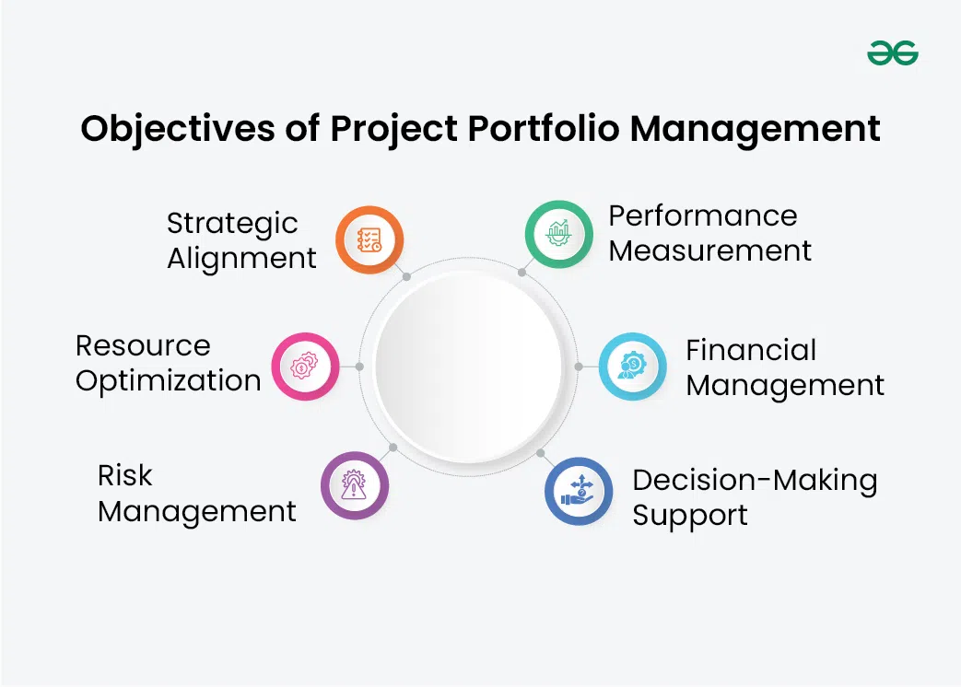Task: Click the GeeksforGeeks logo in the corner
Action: pyautogui.click(x=892, y=52)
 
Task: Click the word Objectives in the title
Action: pyautogui.click(x=178, y=129)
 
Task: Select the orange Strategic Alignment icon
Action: pyautogui.click(x=369, y=239)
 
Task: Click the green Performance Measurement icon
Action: pyautogui.click(x=558, y=234)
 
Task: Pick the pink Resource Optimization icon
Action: pyautogui.click(x=305, y=367)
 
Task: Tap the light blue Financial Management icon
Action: pyautogui.click(x=632, y=367)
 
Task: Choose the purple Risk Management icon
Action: pyautogui.click(x=354, y=485)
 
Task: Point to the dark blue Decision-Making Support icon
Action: pyautogui.click(x=579, y=491)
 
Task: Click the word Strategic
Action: pyautogui.click(x=232, y=224)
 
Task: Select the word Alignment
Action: pyautogui.click(x=242, y=259)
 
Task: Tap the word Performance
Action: pyautogui.click(x=703, y=215)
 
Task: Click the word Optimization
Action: pyautogui.click(x=169, y=381)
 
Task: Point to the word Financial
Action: pyautogui.click(x=751, y=350)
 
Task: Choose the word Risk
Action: pyautogui.click(x=125, y=476)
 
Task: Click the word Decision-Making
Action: pyautogui.click(x=756, y=482)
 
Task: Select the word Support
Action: pyautogui.click(x=690, y=516)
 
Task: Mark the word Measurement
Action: pyautogui.click(x=709, y=251)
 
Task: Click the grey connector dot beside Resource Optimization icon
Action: pyautogui.click(x=359, y=367)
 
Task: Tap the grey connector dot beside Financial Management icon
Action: pyautogui.click(x=579, y=367)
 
